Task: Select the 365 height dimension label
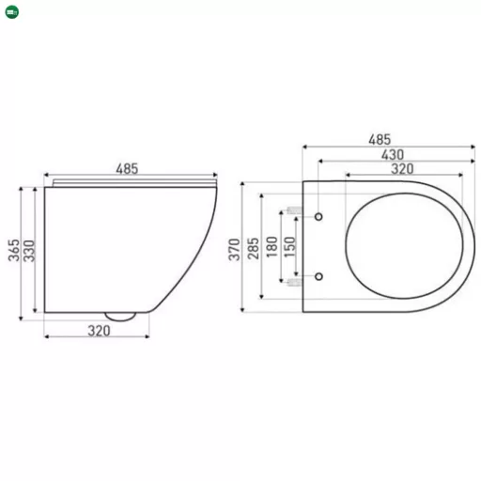coord(14,252)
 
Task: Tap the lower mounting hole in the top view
coord(321,276)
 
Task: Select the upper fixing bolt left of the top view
coord(293,209)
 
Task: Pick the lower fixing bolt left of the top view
coord(293,280)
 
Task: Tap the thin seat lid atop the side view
coord(130,180)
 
